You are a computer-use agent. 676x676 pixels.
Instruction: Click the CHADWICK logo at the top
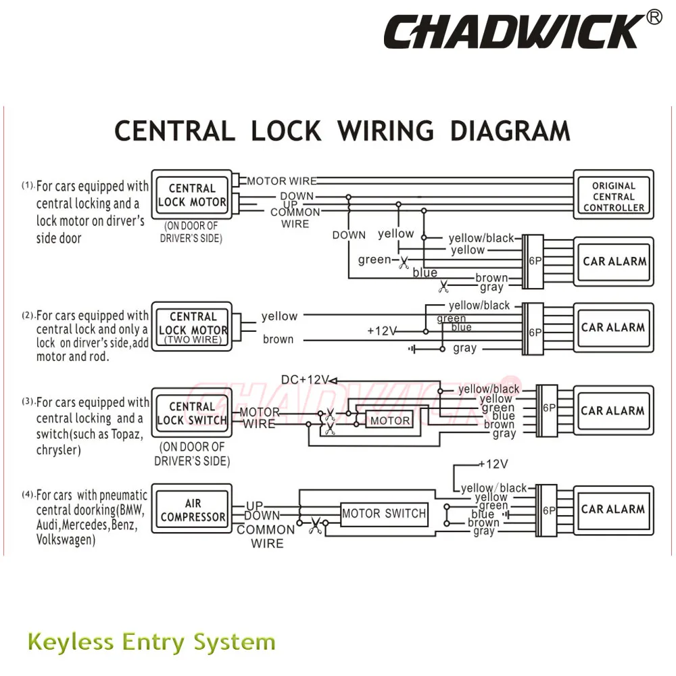(511, 31)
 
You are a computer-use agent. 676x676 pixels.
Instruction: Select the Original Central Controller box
(614, 195)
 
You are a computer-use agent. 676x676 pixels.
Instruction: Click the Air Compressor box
(192, 509)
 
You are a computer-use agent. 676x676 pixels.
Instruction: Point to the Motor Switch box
(384, 514)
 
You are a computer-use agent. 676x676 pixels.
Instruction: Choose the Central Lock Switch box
(192, 412)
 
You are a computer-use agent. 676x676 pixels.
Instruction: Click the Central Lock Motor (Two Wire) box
(192, 327)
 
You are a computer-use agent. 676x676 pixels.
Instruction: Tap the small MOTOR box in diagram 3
(389, 420)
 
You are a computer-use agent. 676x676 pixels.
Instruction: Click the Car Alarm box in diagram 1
(614, 262)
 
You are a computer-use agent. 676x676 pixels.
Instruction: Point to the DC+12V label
(305, 380)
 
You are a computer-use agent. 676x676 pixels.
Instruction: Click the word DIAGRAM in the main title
(510, 131)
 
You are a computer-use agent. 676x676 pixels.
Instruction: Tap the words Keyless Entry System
(151, 642)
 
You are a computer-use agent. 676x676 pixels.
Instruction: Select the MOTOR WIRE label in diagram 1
(281, 181)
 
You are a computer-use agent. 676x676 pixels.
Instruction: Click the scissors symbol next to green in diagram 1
(404, 262)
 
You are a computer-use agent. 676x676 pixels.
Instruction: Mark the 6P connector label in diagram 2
(535, 333)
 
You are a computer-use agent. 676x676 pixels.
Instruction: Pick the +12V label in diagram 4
(493, 464)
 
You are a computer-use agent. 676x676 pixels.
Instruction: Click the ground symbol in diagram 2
(412, 349)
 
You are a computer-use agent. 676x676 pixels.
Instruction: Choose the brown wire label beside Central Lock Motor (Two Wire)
(278, 339)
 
